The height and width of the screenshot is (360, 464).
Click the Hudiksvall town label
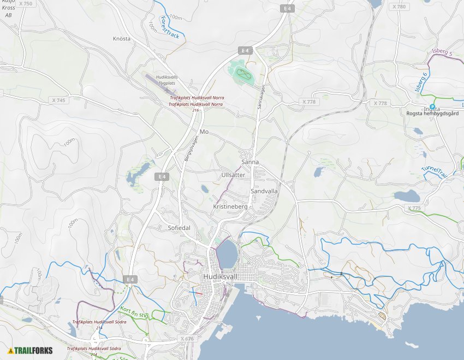[219, 277]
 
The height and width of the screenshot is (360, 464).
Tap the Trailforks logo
[31, 350]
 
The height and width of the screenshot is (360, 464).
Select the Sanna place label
[250, 162]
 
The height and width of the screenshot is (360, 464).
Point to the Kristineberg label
[230, 208]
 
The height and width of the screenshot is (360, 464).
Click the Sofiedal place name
[175, 228]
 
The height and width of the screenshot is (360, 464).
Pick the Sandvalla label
[264, 192]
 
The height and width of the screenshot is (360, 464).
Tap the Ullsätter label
[233, 175]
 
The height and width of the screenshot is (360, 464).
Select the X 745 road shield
[58, 101]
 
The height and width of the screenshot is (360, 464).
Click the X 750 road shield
[25, 4]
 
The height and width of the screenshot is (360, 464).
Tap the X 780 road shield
[399, 7]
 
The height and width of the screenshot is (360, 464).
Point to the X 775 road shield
[415, 209]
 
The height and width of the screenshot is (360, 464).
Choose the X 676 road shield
[187, 339]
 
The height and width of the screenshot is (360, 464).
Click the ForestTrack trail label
[170, 28]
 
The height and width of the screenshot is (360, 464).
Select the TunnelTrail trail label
[435, 172]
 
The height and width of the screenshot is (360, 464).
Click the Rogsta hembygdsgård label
[431, 114]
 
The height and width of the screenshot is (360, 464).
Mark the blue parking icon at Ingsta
[432, 107]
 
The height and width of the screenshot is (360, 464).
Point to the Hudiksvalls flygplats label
[167, 80]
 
